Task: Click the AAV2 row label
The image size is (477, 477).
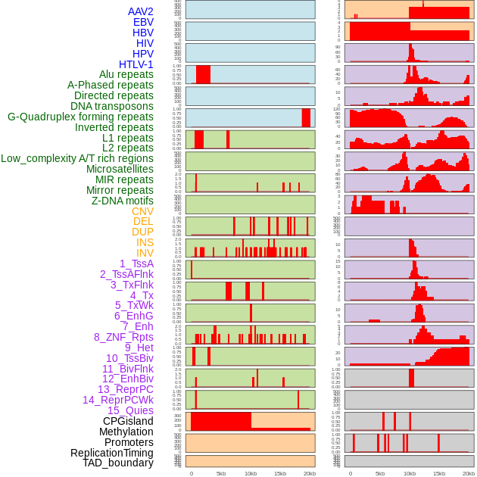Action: point(140,11)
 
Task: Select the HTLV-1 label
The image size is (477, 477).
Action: point(136,64)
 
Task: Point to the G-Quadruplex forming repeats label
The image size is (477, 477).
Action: point(80,117)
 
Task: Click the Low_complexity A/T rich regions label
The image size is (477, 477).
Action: point(77,158)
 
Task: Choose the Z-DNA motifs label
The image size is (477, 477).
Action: point(123,201)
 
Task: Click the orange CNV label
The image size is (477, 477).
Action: point(142,211)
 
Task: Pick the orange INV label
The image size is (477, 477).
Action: point(145,253)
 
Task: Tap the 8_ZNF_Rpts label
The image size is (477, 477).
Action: point(123,337)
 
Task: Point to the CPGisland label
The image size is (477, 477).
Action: point(128,421)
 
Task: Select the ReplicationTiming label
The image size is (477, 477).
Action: point(112,453)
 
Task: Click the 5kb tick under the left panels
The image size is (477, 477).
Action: point(221,473)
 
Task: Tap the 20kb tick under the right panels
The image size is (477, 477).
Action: point(469,473)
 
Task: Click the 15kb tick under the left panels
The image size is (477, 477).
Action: point(280,473)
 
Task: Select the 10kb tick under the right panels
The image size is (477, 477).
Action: point(410,473)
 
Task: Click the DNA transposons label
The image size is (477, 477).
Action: point(111,106)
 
